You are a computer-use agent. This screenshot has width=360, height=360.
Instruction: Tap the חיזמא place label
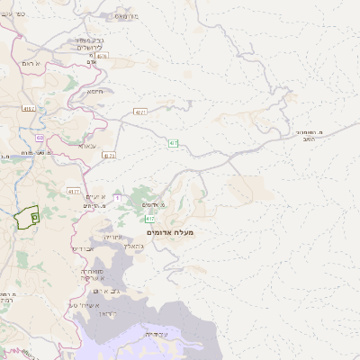tap(95, 91)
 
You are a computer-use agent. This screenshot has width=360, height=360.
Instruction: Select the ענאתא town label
tap(87, 145)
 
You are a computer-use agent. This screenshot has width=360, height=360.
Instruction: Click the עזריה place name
tap(112, 236)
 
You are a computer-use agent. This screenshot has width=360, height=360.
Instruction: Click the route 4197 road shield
tap(29, 109)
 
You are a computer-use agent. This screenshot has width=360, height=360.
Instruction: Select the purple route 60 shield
tap(40, 138)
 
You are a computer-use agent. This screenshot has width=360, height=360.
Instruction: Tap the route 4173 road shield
tap(109, 155)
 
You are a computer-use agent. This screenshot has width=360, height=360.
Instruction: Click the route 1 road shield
tap(116, 197)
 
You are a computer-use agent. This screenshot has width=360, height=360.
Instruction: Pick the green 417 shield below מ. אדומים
tap(149, 219)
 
